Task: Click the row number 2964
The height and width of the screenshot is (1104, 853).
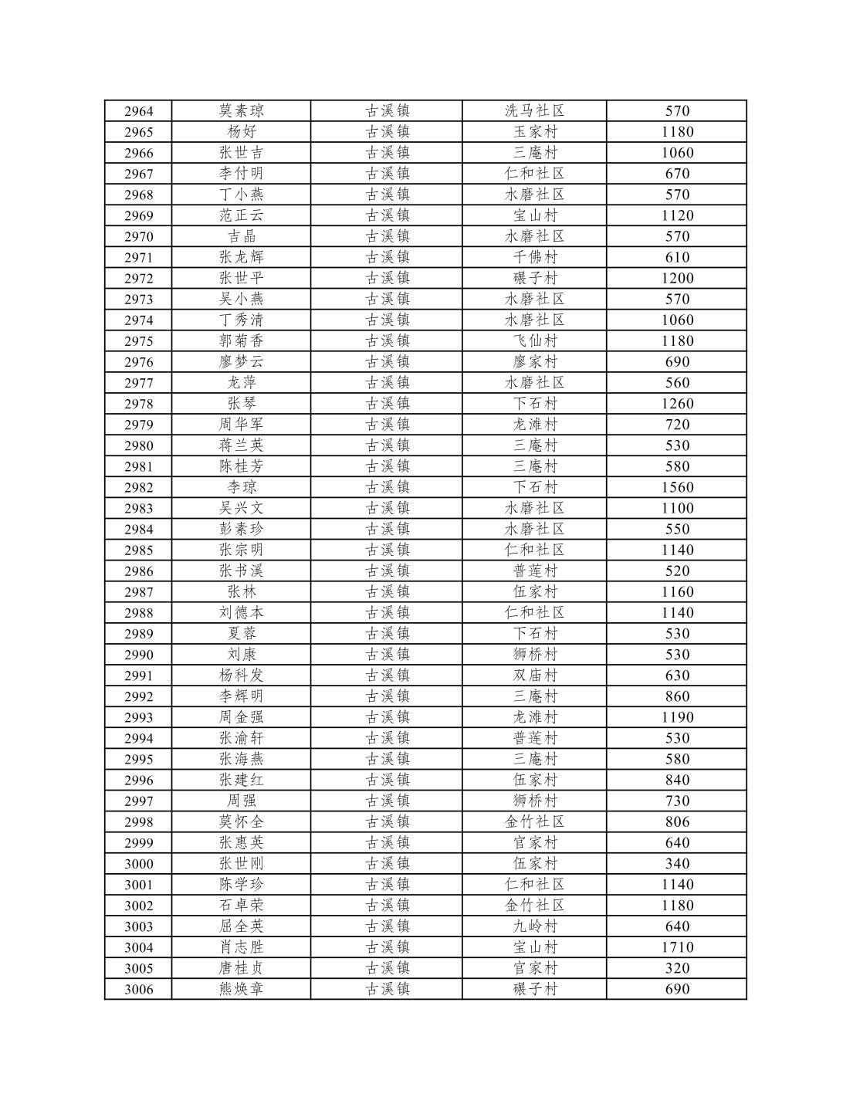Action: pos(139,111)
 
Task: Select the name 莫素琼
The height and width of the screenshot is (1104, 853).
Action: pos(242,111)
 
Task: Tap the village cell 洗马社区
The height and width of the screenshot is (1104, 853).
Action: pos(534,111)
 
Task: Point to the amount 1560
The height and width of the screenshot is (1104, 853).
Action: pos(677,487)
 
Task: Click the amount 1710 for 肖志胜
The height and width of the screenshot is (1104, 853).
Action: pos(677,947)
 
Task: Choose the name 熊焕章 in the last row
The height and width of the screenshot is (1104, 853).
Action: pos(242,989)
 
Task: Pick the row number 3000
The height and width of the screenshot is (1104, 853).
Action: pos(139,864)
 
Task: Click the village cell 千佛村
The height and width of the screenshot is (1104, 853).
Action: pos(534,257)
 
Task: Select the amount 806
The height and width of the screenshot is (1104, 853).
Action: pos(677,822)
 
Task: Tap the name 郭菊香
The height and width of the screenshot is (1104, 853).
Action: pos(242,341)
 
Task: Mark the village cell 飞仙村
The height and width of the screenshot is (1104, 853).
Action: pos(534,341)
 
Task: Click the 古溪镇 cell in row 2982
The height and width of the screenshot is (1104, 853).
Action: pos(387,487)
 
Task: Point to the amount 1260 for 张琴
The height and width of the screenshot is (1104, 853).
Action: pos(677,404)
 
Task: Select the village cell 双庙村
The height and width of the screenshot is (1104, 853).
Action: pos(534,676)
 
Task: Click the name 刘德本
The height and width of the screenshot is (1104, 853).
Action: pos(242,613)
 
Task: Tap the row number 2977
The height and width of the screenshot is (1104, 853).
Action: pos(139,383)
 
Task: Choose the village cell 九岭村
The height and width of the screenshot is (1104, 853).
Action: pos(534,926)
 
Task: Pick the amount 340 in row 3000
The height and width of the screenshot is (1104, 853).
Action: pos(677,864)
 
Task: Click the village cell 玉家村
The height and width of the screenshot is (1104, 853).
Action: pos(534,132)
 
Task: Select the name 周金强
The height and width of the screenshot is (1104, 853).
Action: pos(242,717)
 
